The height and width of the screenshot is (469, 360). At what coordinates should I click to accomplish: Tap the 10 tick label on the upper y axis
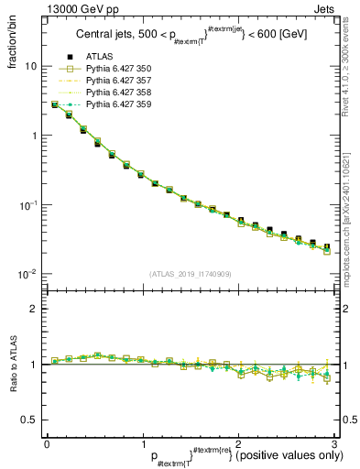(x=31, y=67)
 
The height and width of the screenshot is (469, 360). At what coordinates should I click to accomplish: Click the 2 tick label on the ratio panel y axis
(x=34, y=309)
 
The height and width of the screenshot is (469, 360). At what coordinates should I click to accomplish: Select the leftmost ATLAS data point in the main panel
(x=55, y=105)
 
